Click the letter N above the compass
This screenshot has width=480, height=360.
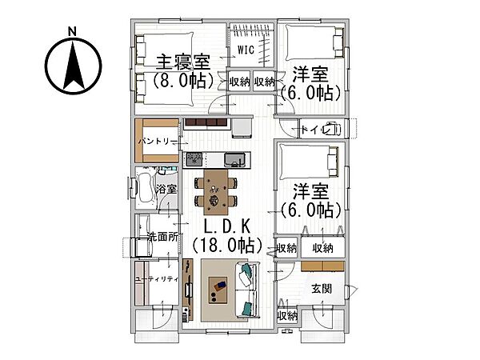(72, 31)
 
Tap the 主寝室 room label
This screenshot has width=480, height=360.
(183, 62)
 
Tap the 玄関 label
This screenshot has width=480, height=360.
(322, 289)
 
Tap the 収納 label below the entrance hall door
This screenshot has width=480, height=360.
(287, 317)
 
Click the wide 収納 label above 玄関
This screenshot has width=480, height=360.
(322, 248)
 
